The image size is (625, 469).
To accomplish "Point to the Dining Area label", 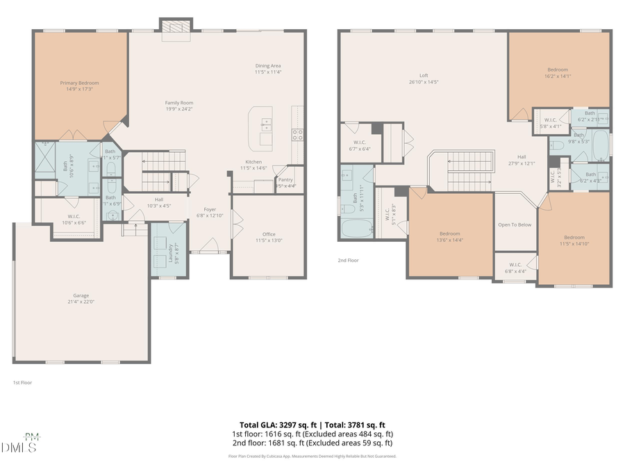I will click(x=267, y=65).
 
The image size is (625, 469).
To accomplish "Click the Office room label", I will click(x=268, y=234).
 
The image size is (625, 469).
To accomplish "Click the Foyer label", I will click(x=210, y=209).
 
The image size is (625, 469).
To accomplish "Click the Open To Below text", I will click(x=515, y=224).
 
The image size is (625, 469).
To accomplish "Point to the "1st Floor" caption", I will click(x=22, y=382).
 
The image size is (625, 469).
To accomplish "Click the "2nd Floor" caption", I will click(x=349, y=260).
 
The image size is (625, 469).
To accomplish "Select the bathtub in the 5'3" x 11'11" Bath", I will click(x=356, y=227).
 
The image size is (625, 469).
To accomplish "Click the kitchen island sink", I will click(x=266, y=125).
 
